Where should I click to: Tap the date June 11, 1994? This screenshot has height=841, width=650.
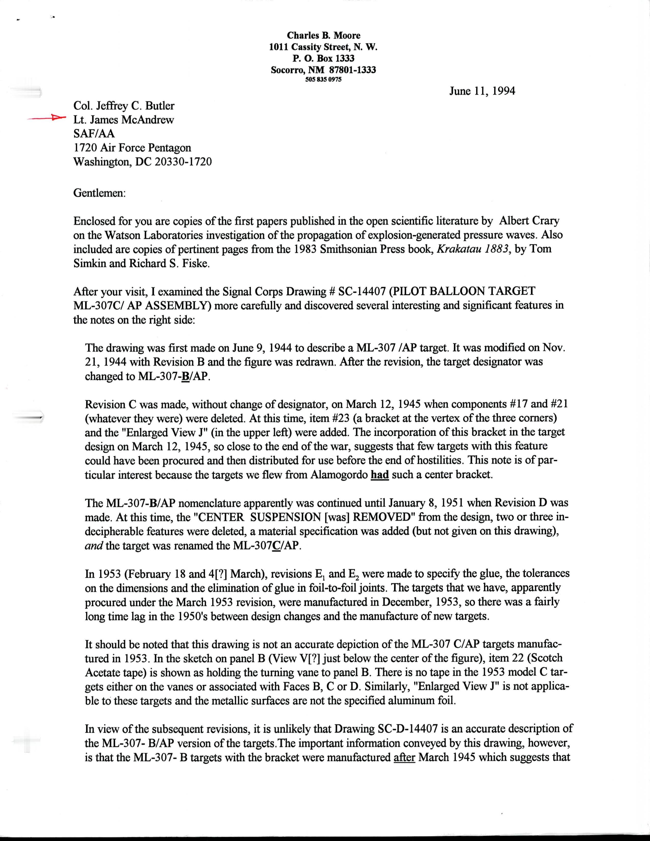click(x=482, y=91)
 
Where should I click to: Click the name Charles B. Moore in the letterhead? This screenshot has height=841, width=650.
click(x=323, y=35)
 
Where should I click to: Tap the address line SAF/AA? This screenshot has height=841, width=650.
click(x=94, y=134)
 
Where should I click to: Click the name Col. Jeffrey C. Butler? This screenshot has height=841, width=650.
click(x=124, y=106)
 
